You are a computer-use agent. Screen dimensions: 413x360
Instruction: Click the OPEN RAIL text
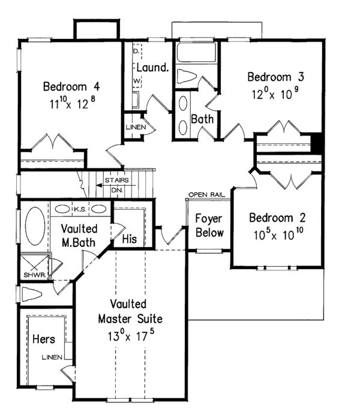206,195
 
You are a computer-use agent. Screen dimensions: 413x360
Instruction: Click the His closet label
129,239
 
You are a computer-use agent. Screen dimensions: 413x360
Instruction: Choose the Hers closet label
44,339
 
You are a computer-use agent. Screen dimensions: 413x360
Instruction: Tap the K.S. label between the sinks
80,209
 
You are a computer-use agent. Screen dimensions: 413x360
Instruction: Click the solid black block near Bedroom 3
319,144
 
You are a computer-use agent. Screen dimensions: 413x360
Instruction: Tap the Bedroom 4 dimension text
69,103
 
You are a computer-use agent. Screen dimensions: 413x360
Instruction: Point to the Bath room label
202,119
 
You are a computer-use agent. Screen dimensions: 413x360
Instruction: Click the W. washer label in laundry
136,79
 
